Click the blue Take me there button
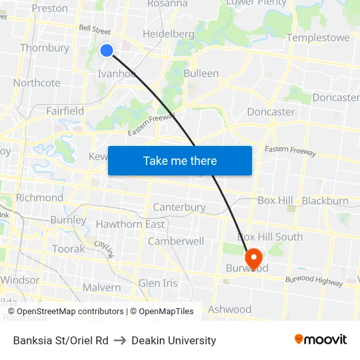tap(180, 160)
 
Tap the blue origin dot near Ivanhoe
tap(107, 50)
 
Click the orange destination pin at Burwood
tap(252, 257)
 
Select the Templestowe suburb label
tap(318, 37)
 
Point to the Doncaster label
tap(271, 112)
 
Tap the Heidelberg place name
tap(168, 34)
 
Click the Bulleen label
tap(201, 73)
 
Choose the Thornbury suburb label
tap(45, 48)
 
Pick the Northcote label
tap(37, 83)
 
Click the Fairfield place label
tap(65, 111)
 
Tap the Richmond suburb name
tap(39, 198)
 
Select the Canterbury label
tap(179, 207)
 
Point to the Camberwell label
tap(176, 241)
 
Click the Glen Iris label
tap(158, 283)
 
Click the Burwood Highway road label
tap(314, 281)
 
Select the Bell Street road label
tap(94, 30)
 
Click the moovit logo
tap(320, 339)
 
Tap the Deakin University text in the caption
tap(173, 340)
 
